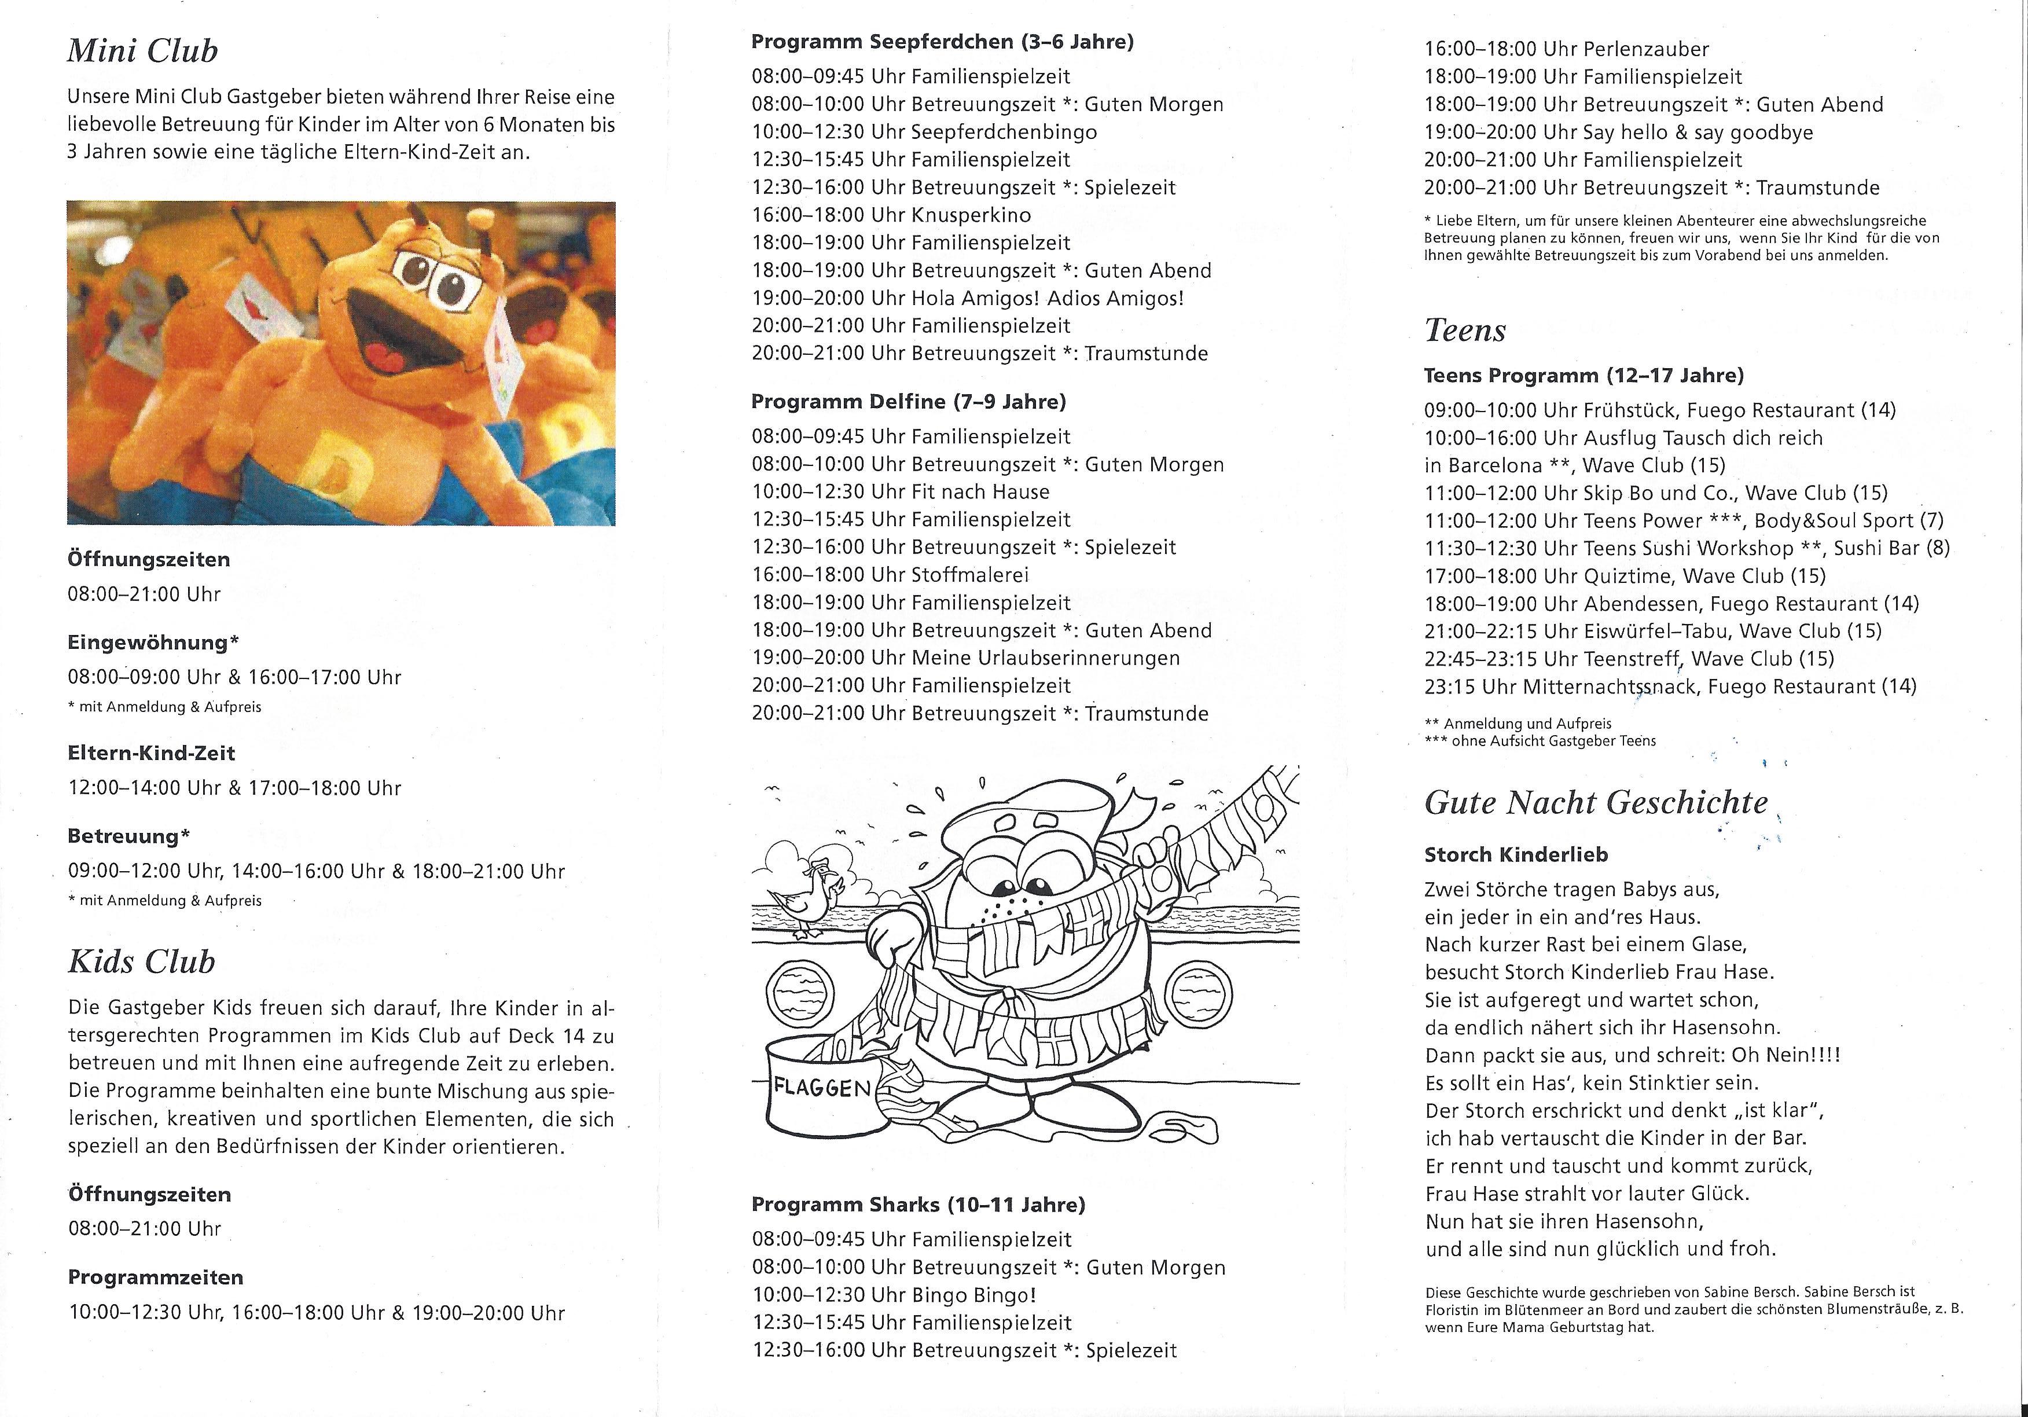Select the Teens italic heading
[x=1464, y=331]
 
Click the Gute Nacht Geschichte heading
[x=1596, y=803]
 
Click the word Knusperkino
[x=971, y=215]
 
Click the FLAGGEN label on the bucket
[x=821, y=1088]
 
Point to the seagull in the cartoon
[x=804, y=897]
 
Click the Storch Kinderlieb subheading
[x=1516, y=855]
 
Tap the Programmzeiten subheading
[x=156, y=1277]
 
